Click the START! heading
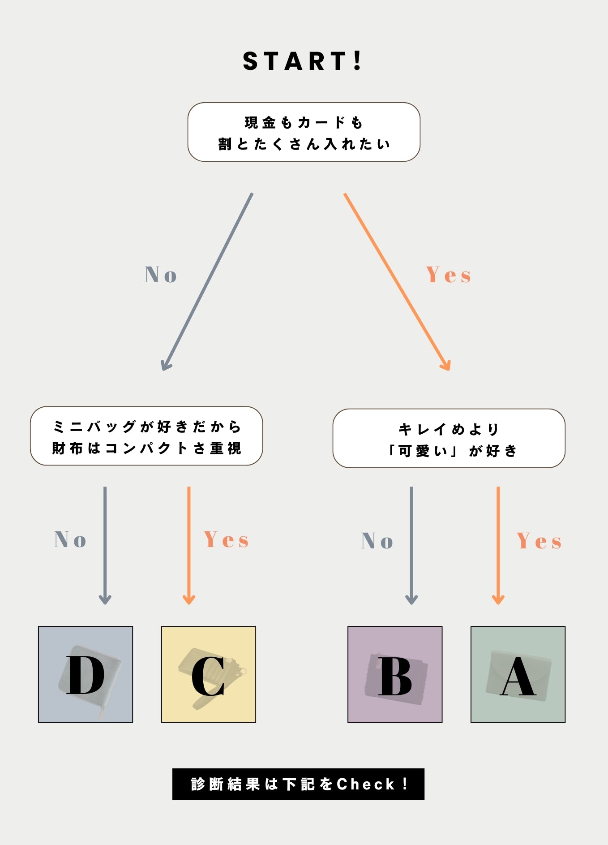(x=303, y=61)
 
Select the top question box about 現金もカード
(x=304, y=132)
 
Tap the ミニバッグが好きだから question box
(x=146, y=436)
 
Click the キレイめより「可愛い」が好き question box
(x=449, y=438)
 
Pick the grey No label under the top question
(x=161, y=275)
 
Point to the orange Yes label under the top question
(x=448, y=275)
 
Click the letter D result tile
(x=86, y=674)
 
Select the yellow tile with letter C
(x=209, y=674)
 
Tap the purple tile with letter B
(x=395, y=674)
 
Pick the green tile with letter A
(x=518, y=674)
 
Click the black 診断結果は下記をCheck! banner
(x=298, y=784)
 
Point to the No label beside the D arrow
(x=70, y=539)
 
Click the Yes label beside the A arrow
(x=539, y=541)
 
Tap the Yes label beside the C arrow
(x=226, y=539)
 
